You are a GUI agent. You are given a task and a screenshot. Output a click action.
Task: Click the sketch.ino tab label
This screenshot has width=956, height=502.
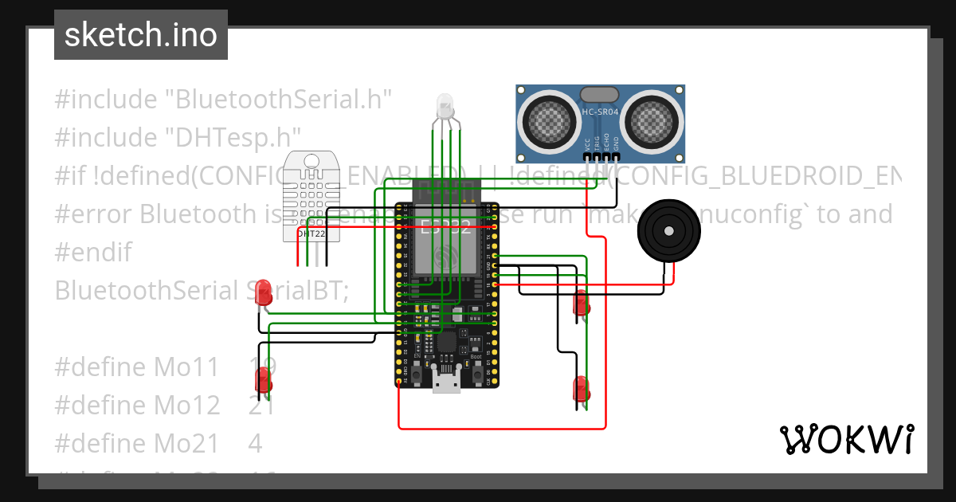click(x=140, y=35)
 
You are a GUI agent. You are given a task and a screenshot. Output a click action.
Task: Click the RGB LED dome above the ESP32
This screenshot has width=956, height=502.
click(x=444, y=105)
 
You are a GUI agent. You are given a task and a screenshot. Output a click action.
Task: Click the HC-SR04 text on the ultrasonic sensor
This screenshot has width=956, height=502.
click(x=601, y=112)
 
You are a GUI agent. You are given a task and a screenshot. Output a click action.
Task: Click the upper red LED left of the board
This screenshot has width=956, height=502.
click(x=264, y=293)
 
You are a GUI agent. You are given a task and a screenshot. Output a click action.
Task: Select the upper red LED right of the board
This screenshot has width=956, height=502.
click(x=582, y=303)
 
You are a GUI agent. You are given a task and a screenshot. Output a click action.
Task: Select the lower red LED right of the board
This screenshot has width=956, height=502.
click(x=582, y=389)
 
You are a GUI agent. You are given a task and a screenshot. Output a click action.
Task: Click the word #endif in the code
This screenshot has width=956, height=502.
click(x=93, y=253)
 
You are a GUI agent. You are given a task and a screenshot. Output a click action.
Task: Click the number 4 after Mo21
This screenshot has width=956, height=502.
click(x=255, y=442)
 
